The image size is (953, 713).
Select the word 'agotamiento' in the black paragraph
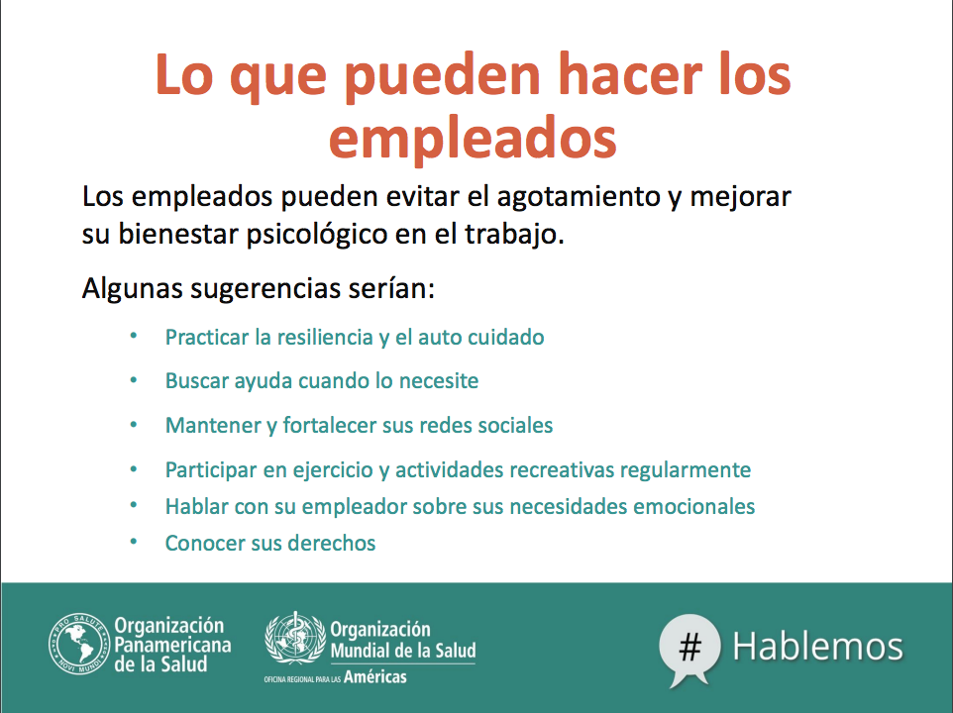coord(579,197)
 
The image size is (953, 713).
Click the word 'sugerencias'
coord(265,288)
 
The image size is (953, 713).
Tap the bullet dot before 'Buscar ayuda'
coord(134,381)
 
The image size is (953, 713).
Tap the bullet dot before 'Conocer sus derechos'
coord(134,542)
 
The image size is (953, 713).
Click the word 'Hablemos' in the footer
coord(817,647)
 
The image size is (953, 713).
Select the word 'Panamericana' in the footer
coord(172,645)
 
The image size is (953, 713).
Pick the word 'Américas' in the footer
coord(375,676)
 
